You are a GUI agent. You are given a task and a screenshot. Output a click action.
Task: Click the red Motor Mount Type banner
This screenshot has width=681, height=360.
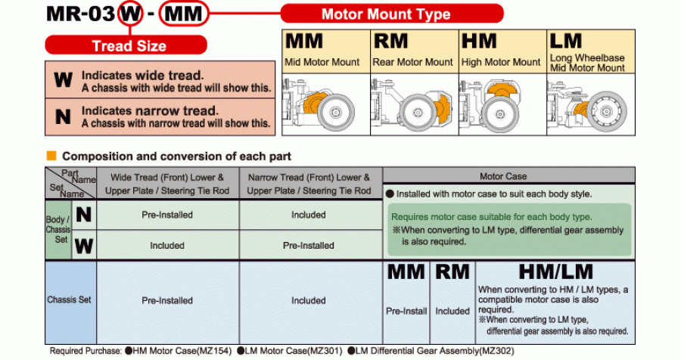point(391,14)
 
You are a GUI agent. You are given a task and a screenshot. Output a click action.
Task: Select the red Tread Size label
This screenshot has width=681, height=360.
point(129,45)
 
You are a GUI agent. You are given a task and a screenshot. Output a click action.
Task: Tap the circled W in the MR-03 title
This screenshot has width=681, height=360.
point(131,13)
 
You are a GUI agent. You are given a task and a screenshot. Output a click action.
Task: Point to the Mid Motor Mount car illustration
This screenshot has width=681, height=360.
point(325,105)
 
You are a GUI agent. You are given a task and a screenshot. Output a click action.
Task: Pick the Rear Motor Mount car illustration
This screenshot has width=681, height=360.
point(413,105)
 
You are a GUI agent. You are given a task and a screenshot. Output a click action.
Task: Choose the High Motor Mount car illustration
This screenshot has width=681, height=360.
point(501,104)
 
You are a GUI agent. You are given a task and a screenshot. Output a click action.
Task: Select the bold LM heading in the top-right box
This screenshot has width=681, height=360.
point(566,42)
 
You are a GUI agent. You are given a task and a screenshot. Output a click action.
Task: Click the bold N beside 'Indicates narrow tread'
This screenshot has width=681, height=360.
point(63,116)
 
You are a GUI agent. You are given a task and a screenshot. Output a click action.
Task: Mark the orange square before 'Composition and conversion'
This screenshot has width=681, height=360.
point(51,156)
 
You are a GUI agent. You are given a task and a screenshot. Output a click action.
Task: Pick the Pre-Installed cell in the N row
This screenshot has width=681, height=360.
point(167,215)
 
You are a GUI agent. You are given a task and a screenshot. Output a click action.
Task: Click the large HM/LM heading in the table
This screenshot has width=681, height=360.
point(555,272)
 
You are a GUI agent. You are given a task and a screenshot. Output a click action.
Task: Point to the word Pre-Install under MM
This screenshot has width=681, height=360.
point(406,311)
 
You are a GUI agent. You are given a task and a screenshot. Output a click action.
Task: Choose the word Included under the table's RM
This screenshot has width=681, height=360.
point(452,311)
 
